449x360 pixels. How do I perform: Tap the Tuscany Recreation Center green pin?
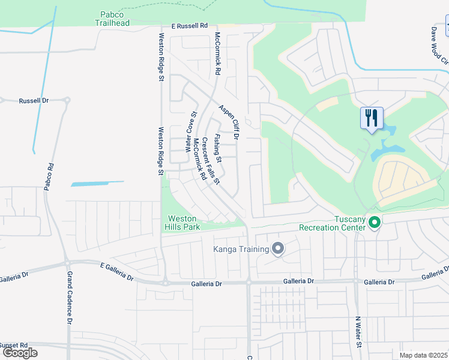(x=375, y=223)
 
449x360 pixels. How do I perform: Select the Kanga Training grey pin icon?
(x=277, y=248)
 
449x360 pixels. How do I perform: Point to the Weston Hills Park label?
(x=182, y=223)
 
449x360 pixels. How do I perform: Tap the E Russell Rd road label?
(x=188, y=26)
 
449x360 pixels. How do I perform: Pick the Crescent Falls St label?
(x=209, y=159)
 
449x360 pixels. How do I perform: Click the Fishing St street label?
(x=218, y=148)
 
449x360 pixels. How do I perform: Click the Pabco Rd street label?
(x=49, y=177)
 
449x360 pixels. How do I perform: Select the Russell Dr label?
(x=33, y=101)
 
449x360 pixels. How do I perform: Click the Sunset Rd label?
(x=14, y=346)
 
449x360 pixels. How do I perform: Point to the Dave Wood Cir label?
(x=440, y=44)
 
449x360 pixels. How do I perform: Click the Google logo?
(x=19, y=353)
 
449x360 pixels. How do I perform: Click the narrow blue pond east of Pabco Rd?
(x=97, y=184)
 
